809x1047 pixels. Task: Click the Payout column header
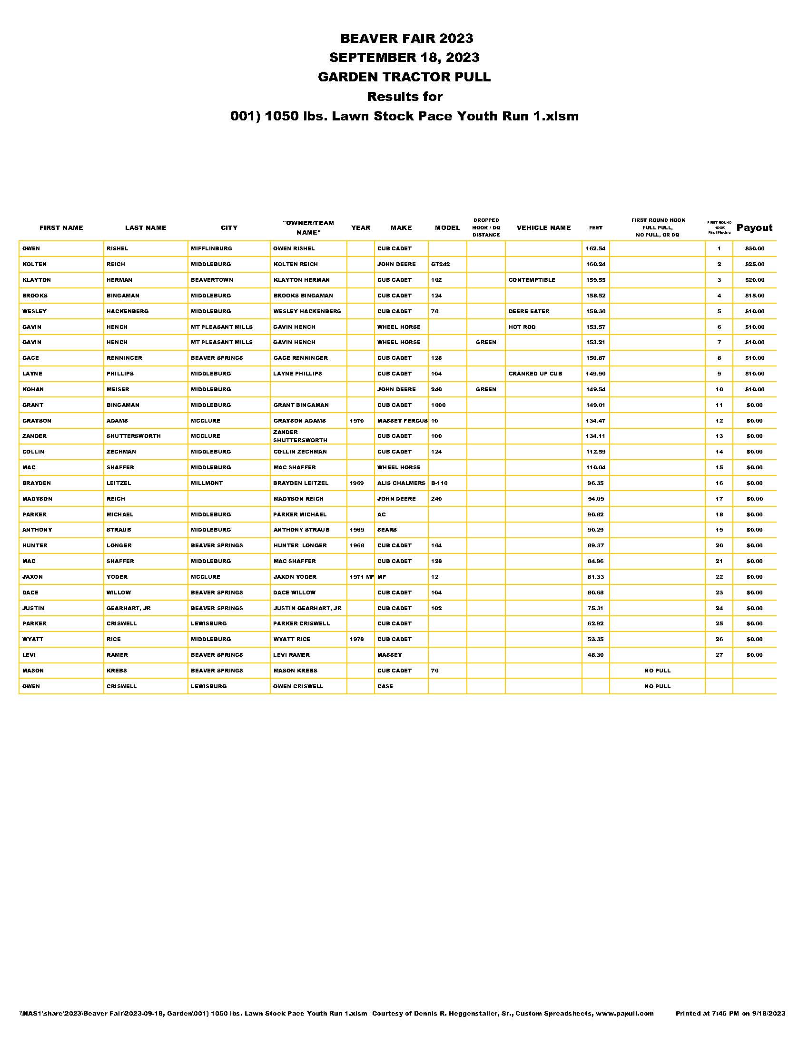pos(754,227)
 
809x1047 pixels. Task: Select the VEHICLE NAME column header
pos(543,227)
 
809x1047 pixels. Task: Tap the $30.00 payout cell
pos(754,248)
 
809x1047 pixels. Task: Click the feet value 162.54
pos(595,248)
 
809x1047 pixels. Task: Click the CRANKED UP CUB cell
pos(535,374)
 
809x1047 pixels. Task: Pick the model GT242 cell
pos(441,264)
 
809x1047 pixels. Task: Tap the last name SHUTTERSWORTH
pos(133,436)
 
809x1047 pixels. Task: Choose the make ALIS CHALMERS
pos(401,483)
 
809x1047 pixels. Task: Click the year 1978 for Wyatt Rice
pos(356,639)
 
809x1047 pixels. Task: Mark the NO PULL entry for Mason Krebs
pos(657,670)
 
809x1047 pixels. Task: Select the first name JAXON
pos(32,577)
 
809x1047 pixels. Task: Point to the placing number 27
pos(719,654)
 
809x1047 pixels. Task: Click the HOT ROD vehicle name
pos(522,326)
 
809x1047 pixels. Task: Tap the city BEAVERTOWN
pos(212,279)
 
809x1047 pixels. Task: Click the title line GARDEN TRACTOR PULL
pos(404,77)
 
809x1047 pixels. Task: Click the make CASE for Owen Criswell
pos(385,686)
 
